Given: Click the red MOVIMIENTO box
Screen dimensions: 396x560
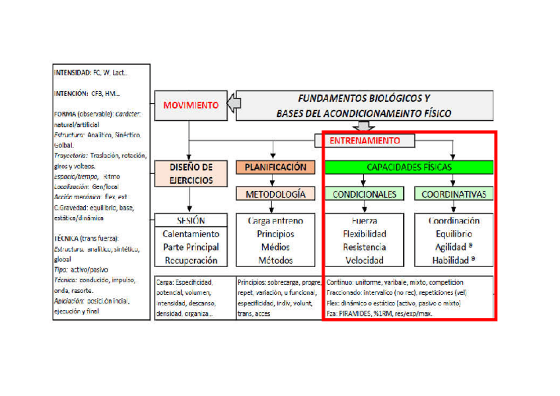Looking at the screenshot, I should pyautogui.click(x=190, y=105).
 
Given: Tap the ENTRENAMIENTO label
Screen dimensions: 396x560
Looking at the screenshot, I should pyautogui.click(x=365, y=141).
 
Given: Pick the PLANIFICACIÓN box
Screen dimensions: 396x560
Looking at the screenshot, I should pyautogui.click(x=275, y=167).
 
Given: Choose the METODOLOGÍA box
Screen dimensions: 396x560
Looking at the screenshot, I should pyautogui.click(x=275, y=194).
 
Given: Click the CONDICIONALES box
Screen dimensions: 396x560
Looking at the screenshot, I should pyautogui.click(x=364, y=194).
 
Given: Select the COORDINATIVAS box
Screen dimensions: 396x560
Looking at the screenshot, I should pyautogui.click(x=454, y=194).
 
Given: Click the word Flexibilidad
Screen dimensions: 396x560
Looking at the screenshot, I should pyautogui.click(x=364, y=234).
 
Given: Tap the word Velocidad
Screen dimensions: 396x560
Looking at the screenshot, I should pyautogui.click(x=364, y=260).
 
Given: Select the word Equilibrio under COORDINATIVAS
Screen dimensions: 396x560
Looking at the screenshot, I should pyautogui.click(x=454, y=234).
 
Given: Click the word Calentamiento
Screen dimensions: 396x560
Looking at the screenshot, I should pyautogui.click(x=190, y=234).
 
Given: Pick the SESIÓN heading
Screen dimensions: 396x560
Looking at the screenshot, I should pyautogui.click(x=190, y=221).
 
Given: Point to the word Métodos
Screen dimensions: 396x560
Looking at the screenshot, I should pyautogui.click(x=275, y=260).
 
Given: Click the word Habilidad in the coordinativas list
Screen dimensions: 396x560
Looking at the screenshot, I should pyautogui.click(x=450, y=260).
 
